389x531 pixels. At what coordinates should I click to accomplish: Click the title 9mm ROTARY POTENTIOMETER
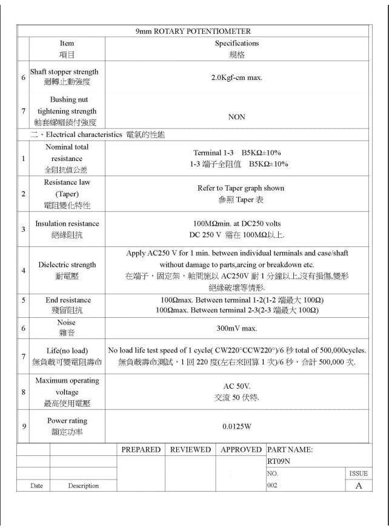193,31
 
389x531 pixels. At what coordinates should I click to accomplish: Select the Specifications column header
237,44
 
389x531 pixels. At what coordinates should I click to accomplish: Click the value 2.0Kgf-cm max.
237,78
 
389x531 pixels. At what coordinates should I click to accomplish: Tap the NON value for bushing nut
237,117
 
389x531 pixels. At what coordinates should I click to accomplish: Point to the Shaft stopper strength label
64,72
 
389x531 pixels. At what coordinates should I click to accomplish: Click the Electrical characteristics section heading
97,134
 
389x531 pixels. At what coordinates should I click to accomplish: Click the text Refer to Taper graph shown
241,188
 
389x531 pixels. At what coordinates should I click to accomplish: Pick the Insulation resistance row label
67,223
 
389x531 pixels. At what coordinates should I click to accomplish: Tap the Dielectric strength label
67,265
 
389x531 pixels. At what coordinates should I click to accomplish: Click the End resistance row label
68,300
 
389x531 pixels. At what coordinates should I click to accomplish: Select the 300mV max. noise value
237,328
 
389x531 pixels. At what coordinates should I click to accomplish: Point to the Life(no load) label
67,351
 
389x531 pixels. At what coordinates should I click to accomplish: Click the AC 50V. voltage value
237,386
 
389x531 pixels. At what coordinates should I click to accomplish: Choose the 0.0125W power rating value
237,426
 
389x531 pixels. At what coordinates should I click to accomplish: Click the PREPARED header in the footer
141,450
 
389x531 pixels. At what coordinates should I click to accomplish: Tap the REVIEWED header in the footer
190,450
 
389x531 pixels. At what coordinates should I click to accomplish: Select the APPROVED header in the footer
241,450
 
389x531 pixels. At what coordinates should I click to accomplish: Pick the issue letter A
359,486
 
